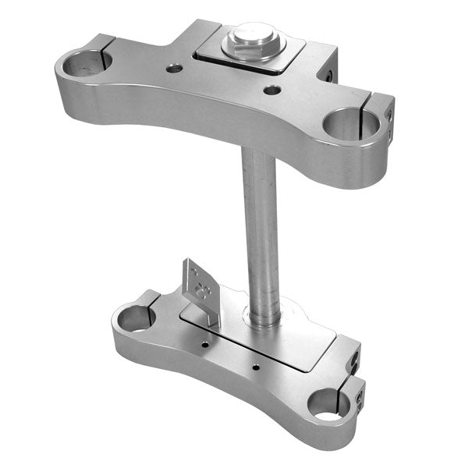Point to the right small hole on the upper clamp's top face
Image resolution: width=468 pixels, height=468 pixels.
pos(271,90)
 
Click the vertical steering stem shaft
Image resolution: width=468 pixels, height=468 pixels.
pos(260,226)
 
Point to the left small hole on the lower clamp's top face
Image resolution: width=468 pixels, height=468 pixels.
pos(204,342)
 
